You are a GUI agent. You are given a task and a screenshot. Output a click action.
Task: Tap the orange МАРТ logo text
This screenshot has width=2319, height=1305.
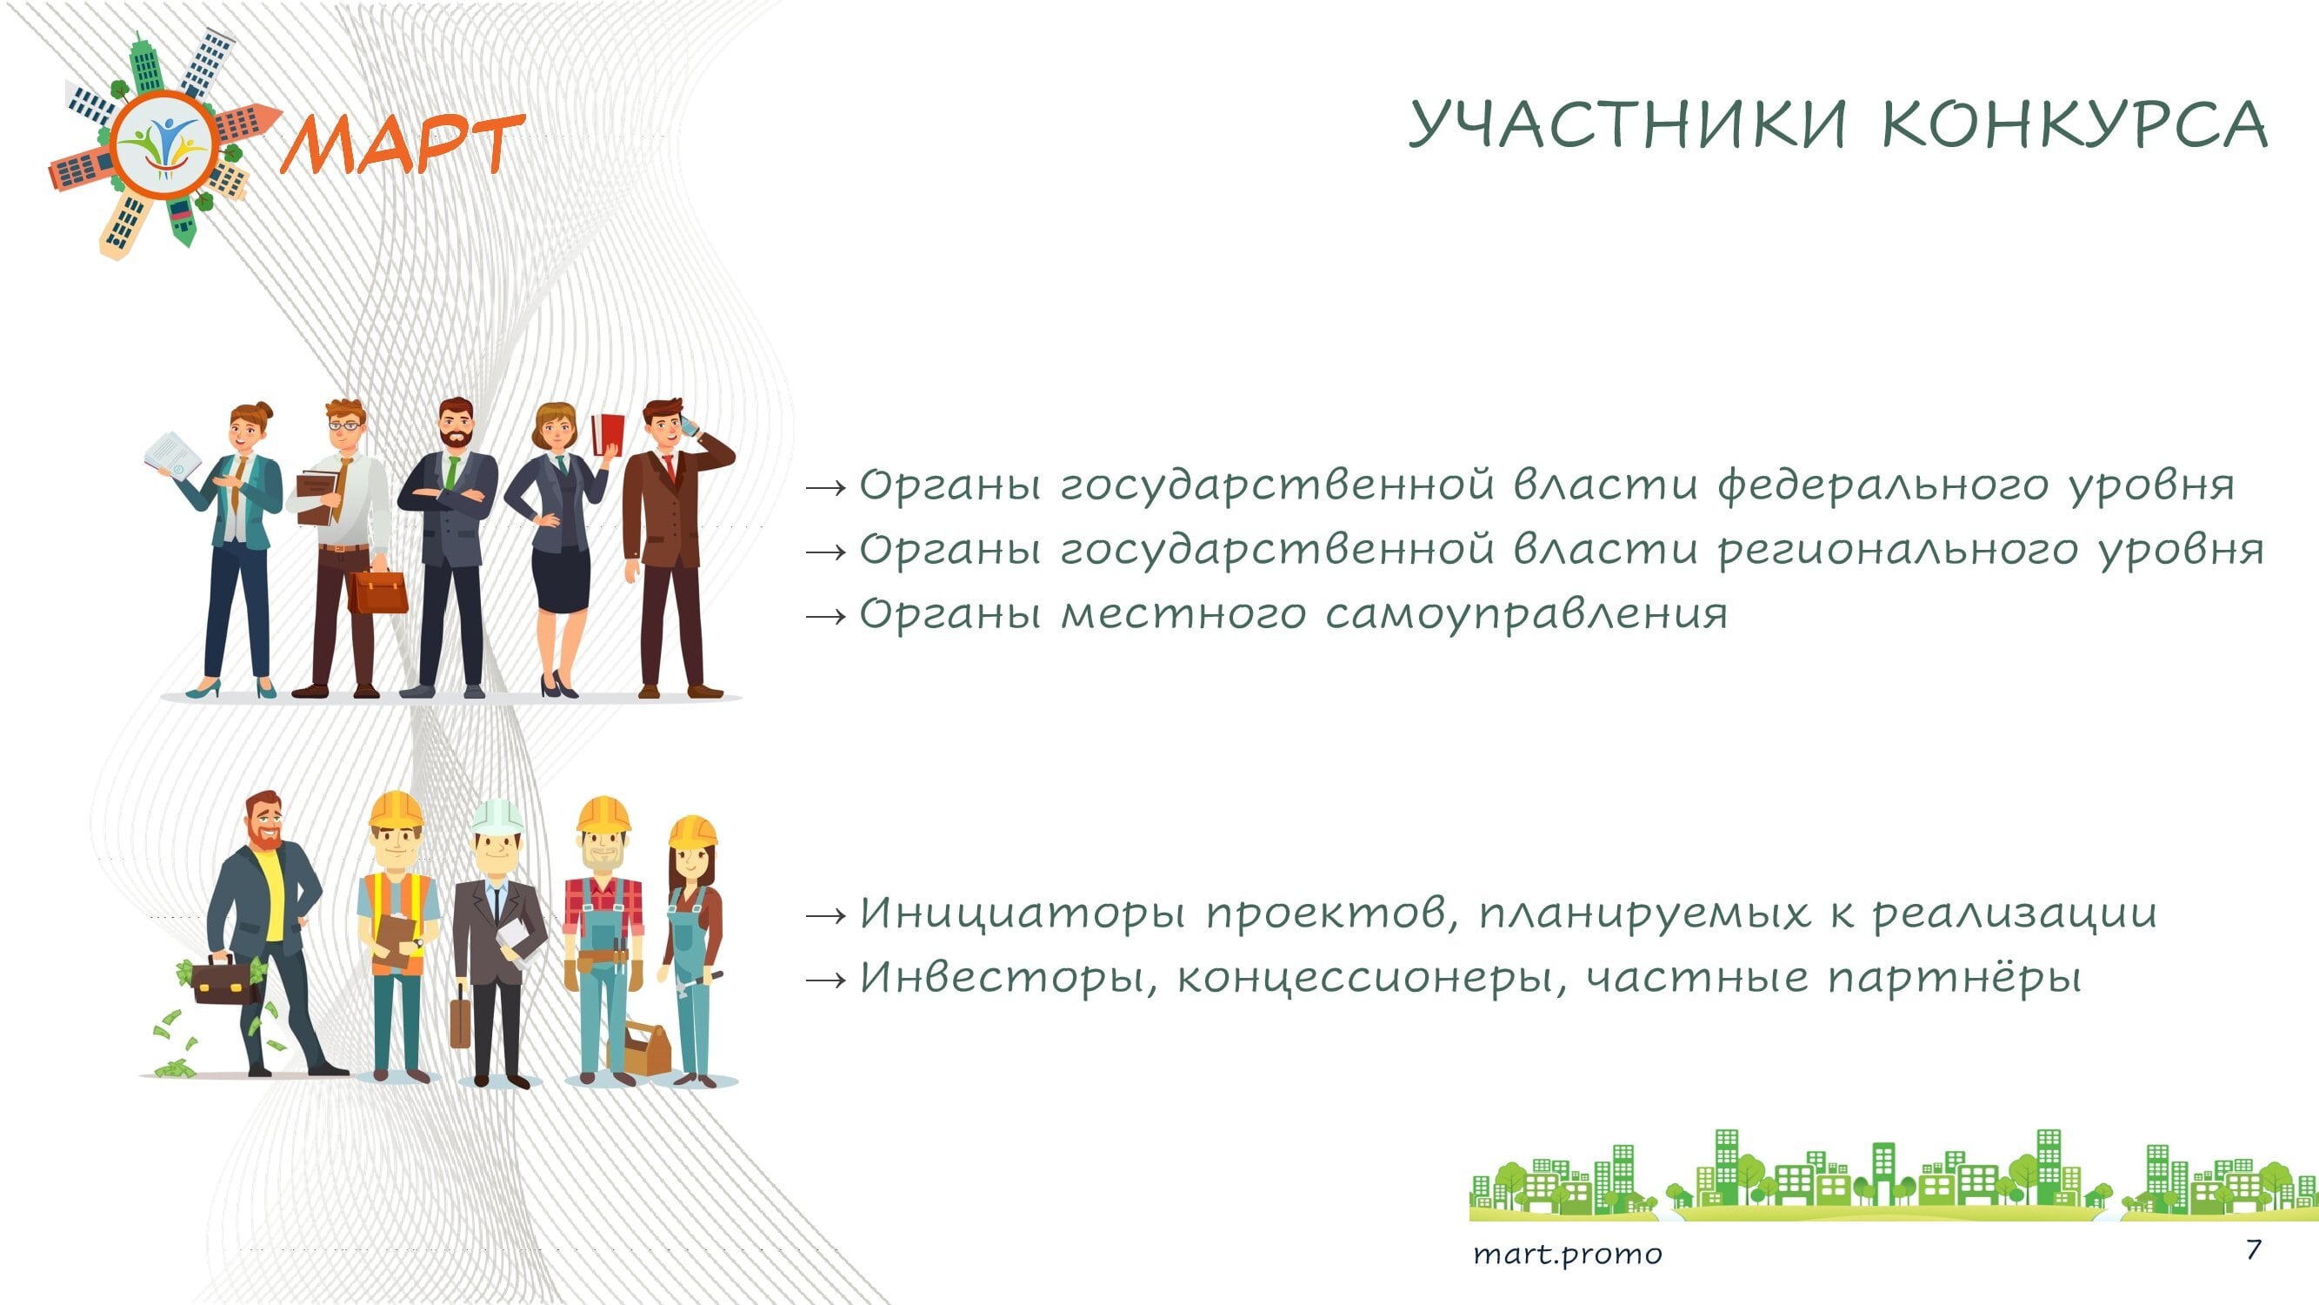(403, 144)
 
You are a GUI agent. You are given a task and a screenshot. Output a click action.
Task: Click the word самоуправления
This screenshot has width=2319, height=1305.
(1527, 615)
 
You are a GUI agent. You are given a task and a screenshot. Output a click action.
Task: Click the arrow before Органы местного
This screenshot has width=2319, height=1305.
(826, 616)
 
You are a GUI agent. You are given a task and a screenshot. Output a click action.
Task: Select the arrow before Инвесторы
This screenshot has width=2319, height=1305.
(826, 979)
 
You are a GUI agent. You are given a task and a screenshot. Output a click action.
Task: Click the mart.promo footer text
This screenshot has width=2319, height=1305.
(1568, 1254)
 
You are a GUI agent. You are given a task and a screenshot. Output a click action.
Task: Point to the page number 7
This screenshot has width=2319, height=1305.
(2253, 1249)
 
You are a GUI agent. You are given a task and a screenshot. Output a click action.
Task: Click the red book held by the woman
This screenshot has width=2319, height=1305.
(608, 435)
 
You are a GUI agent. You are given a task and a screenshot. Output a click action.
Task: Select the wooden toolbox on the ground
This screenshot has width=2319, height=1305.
(641, 1047)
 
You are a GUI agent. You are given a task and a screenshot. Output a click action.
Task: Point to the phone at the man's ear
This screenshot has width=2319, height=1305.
(690, 425)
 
